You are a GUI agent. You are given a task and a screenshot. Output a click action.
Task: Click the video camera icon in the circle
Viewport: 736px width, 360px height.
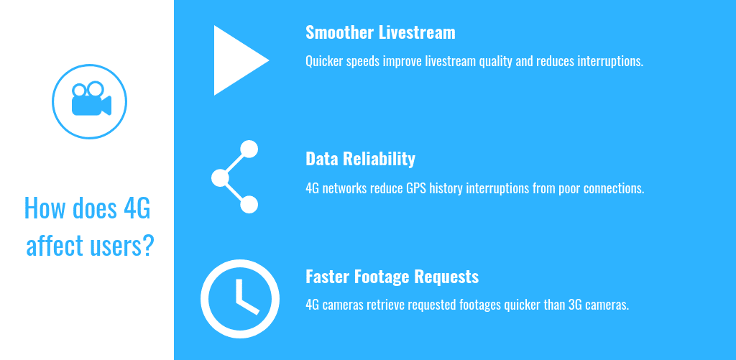(91, 98)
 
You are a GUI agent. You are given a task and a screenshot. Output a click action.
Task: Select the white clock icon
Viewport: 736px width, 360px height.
(240, 299)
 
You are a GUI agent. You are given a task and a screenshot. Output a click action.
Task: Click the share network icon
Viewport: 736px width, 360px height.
(235, 177)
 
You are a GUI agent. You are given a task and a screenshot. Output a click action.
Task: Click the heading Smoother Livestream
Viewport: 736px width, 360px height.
(380, 32)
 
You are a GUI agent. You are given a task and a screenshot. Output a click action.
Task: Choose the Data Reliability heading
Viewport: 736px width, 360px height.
(360, 159)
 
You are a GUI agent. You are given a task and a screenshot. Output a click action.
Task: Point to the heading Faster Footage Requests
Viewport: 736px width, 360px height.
(392, 277)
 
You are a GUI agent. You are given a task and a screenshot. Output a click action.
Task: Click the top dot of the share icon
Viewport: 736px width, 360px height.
(249, 149)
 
